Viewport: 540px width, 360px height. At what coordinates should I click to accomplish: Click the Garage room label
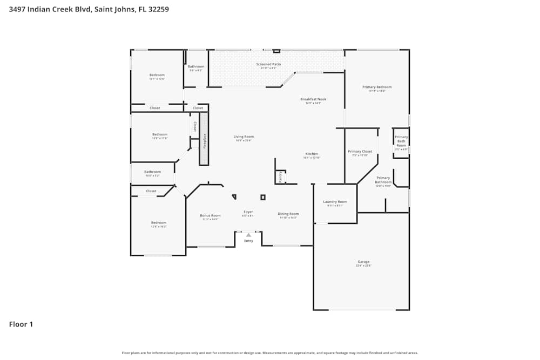tap(363, 262)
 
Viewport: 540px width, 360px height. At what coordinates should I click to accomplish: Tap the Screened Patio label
tap(268, 64)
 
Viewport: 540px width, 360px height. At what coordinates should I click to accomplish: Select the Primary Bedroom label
tap(377, 87)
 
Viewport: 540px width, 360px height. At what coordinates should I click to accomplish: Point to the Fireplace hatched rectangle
tap(204, 139)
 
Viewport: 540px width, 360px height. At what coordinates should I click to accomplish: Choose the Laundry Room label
tap(335, 202)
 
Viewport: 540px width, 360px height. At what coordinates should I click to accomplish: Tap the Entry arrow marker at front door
tap(248, 235)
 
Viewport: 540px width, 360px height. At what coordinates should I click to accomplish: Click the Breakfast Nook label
tap(313, 99)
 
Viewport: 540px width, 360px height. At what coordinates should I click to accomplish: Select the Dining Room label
tap(288, 214)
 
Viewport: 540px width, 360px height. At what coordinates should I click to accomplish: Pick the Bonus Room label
tap(210, 215)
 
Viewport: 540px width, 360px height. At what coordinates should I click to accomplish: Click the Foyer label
tap(248, 212)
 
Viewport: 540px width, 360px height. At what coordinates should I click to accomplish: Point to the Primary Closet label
tap(360, 152)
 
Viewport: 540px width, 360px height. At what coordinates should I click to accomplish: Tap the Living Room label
tap(244, 137)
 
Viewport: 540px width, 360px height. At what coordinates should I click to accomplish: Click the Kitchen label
tap(312, 154)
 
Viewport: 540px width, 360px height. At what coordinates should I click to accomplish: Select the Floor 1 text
tap(21, 324)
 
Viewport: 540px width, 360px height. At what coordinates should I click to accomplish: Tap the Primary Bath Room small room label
tap(401, 141)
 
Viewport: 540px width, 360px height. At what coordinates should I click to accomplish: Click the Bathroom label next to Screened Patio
tap(196, 66)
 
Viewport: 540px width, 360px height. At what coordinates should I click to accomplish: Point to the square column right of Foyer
tap(263, 198)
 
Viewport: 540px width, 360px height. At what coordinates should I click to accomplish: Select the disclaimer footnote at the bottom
tap(269, 352)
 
